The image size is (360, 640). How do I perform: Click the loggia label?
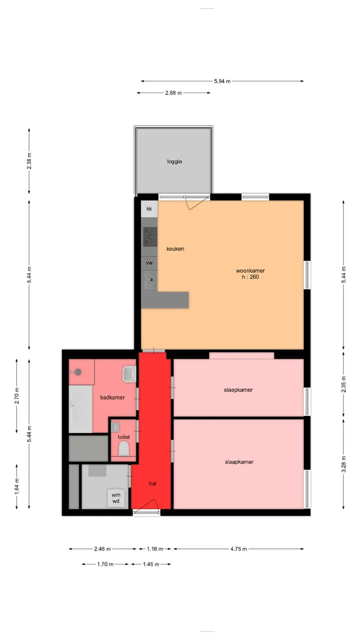(174, 161)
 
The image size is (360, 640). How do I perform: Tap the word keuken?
(175, 249)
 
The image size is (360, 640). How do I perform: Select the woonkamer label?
(250, 270)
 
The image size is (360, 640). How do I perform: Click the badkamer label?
(112, 397)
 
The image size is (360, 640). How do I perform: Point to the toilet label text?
(123, 437)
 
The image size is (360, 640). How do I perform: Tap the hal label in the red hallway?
(152, 483)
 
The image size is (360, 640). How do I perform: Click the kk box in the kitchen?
(149, 209)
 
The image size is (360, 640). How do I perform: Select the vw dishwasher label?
(149, 263)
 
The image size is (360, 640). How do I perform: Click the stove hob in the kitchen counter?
(150, 237)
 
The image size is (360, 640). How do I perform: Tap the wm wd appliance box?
(116, 498)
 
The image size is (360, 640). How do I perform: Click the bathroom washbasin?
(129, 374)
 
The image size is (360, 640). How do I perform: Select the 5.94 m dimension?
(222, 81)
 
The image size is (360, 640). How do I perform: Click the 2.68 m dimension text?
(173, 93)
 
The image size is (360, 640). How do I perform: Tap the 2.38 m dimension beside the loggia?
(29, 161)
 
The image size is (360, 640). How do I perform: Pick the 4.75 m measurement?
(238, 549)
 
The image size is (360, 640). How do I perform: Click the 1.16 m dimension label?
(155, 549)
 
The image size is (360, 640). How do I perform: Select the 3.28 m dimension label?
(343, 464)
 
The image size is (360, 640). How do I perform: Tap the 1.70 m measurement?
(105, 564)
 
